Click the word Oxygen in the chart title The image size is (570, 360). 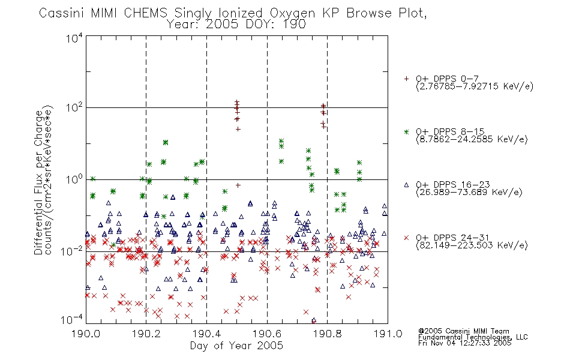[292, 14]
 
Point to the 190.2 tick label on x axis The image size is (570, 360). [146, 334]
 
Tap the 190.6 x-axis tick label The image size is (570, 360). [267, 334]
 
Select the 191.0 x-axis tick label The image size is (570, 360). [388, 334]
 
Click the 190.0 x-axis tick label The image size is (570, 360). [86, 334]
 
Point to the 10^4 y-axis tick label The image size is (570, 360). [74, 38]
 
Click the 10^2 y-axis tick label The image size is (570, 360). [74, 107]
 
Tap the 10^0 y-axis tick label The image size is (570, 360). [74, 179]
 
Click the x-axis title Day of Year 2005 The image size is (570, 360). [236, 346]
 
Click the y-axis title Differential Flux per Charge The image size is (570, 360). [38, 182]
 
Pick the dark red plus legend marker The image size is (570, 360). [406, 79]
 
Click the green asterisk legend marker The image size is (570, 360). [406, 131]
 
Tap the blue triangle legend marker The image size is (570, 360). [406, 185]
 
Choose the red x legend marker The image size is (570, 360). [406, 238]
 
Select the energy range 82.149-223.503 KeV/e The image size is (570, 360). [472, 245]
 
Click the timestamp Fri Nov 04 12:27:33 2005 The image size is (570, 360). [464, 343]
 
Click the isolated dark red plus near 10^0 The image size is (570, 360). [238, 185]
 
